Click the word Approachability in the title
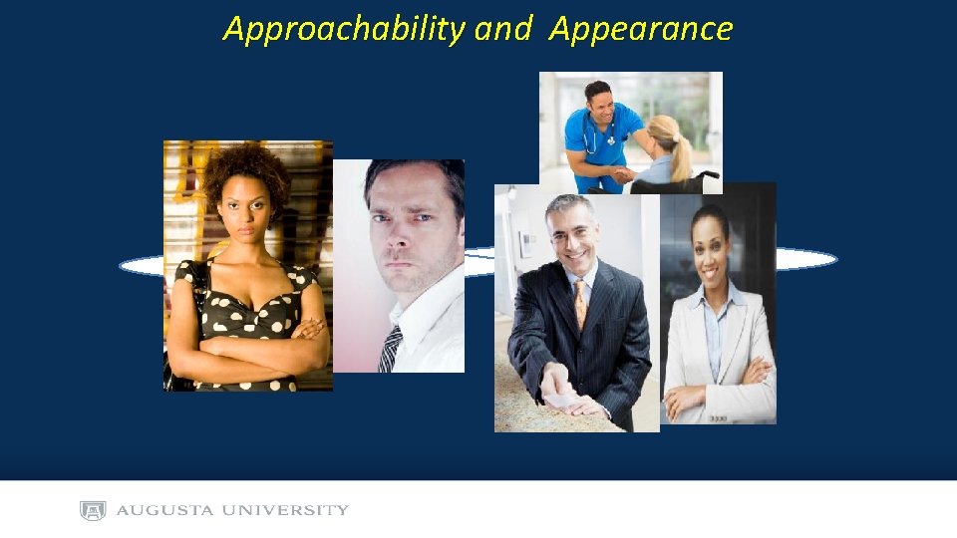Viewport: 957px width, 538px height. pos(344,29)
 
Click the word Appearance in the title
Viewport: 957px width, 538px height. pos(641,29)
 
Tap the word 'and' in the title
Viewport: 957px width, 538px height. pos(502,29)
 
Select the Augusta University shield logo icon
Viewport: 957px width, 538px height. pos(93,510)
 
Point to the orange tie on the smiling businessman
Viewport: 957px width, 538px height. pos(580,304)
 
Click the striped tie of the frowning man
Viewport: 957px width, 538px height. pos(391,348)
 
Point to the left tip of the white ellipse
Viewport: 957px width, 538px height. pos(123,265)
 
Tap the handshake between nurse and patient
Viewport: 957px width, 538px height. pos(624,173)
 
